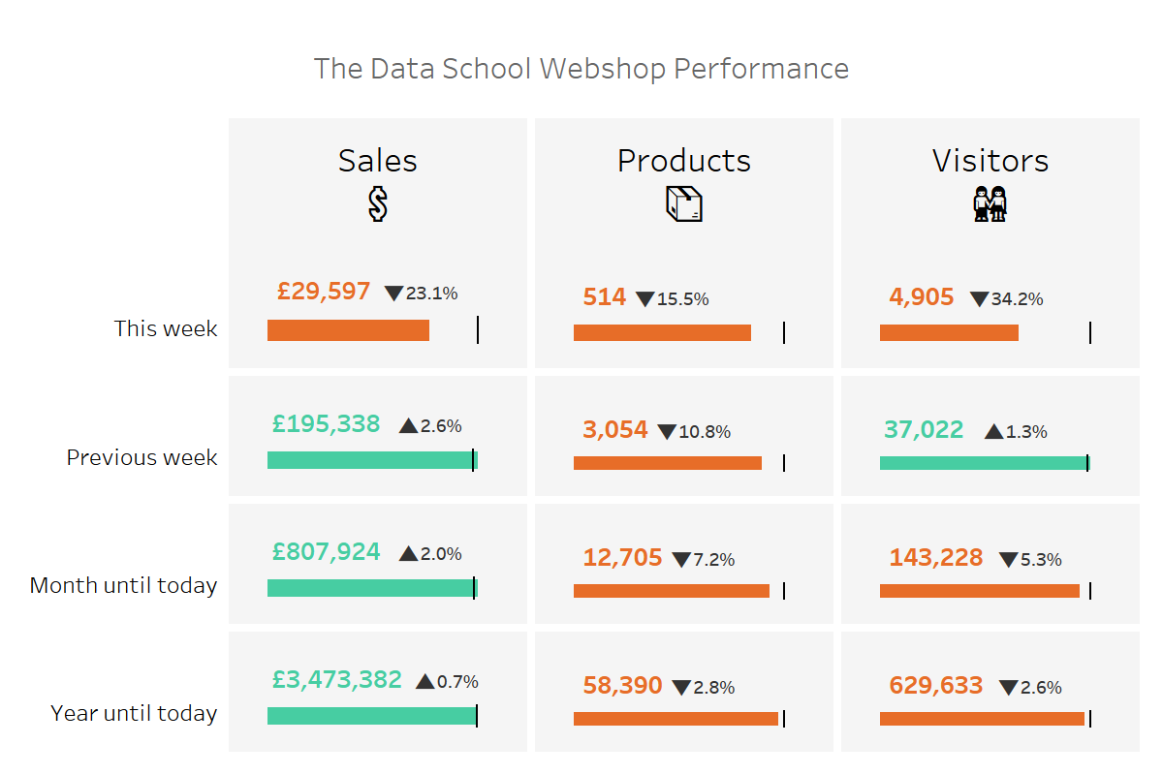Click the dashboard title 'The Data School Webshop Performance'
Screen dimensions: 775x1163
pyautogui.click(x=581, y=69)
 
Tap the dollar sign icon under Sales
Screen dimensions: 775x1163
pyautogui.click(x=378, y=204)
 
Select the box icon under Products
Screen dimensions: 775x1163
pyautogui.click(x=683, y=204)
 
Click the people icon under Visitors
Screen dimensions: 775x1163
pyautogui.click(x=990, y=204)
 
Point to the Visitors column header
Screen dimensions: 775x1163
pyautogui.click(x=990, y=160)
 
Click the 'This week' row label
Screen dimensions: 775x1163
pyautogui.click(x=165, y=328)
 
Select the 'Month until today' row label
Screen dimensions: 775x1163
pyautogui.click(x=123, y=585)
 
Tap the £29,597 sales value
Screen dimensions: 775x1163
pyautogui.click(x=324, y=291)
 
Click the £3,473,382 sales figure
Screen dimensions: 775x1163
pyautogui.click(x=336, y=680)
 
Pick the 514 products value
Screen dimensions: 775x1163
pyautogui.click(x=605, y=297)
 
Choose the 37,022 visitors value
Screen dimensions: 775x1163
pyautogui.click(x=924, y=429)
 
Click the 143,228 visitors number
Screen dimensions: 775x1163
pyautogui.click(x=936, y=558)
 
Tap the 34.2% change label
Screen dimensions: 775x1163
pyautogui.click(x=1017, y=299)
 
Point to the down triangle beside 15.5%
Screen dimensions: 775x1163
pyautogui.click(x=645, y=299)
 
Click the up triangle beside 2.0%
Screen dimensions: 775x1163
pyautogui.click(x=408, y=554)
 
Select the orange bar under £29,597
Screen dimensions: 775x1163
pyautogui.click(x=348, y=330)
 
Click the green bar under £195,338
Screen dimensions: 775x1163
pyautogui.click(x=372, y=460)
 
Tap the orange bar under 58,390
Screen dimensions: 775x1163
pyautogui.click(x=676, y=719)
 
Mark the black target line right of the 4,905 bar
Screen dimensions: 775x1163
pyautogui.click(x=1090, y=333)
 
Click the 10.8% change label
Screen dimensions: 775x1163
pyautogui.click(x=705, y=432)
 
